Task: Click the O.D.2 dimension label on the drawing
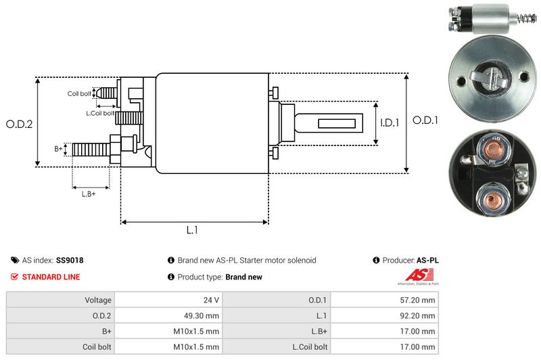tap(19, 124)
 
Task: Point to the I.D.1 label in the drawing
tap(390, 123)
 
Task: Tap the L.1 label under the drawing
tap(192, 230)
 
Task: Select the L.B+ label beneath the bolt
tap(89, 194)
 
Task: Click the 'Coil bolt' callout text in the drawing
tap(79, 93)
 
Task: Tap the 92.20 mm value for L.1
tap(419, 315)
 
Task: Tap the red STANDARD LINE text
tap(51, 277)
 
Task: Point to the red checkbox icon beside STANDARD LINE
tap(15, 277)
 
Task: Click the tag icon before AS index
tap(15, 260)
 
